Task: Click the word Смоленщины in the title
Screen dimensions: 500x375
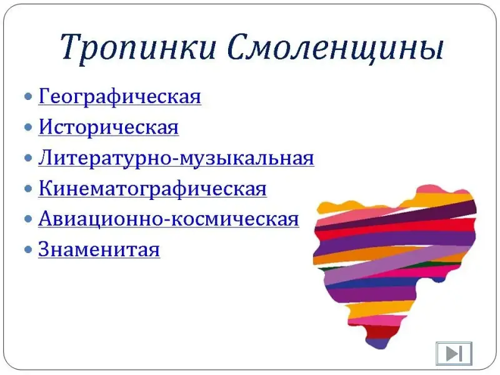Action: [336, 48]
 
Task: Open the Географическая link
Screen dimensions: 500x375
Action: [120, 96]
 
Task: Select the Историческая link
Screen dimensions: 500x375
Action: [109, 127]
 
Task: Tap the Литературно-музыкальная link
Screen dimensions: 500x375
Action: [176, 158]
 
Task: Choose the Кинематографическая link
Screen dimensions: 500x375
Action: [152, 189]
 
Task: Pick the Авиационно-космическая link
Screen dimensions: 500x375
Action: [169, 219]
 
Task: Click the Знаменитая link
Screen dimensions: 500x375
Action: [99, 249]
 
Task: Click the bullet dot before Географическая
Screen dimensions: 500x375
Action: [28, 96]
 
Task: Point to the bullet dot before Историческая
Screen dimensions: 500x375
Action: [28, 127]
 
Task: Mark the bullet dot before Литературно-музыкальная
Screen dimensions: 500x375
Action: [28, 158]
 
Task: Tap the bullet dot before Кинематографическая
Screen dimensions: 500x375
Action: [28, 189]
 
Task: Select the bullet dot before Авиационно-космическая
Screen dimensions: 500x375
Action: [28, 219]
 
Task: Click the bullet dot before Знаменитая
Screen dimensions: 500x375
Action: [28, 249]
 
